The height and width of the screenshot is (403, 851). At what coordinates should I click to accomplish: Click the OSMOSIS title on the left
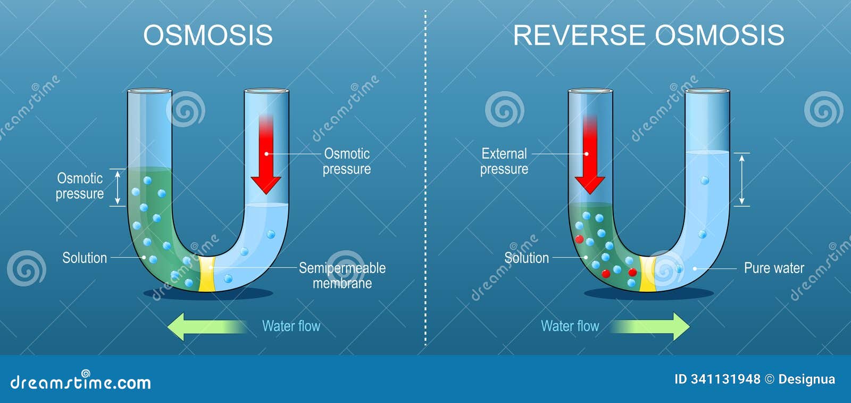(x=208, y=36)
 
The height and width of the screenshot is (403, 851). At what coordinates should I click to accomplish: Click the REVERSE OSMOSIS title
(x=648, y=36)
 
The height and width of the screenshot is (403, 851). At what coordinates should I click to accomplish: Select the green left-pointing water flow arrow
(x=205, y=326)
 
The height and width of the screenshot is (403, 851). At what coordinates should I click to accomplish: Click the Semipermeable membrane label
(x=342, y=275)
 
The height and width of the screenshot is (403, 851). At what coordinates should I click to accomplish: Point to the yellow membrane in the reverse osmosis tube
(x=647, y=275)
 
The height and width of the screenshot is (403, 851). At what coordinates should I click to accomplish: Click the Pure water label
(x=773, y=268)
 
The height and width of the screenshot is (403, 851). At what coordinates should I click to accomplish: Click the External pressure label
(x=504, y=161)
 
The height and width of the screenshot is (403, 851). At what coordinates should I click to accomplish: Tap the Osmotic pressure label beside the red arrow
(x=347, y=161)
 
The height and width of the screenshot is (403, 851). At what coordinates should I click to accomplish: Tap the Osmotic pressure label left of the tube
(x=80, y=186)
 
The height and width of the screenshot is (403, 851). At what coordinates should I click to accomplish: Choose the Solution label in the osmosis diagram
(x=85, y=258)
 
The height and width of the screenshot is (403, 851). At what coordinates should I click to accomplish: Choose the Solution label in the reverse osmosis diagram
(x=526, y=258)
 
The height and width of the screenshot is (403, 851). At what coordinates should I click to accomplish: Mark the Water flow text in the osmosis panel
(x=291, y=326)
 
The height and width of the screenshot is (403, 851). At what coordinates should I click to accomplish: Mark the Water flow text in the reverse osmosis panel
(x=570, y=326)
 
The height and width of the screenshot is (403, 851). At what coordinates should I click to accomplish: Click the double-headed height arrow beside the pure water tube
(x=742, y=179)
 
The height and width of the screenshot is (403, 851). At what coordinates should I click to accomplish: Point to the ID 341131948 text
(x=717, y=379)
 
